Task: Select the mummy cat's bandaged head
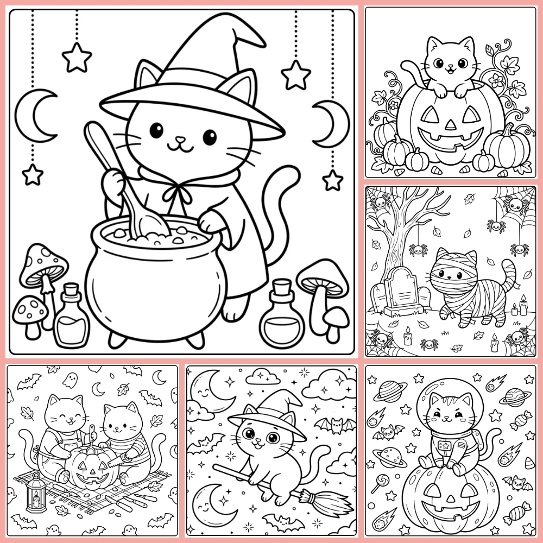click(453, 269)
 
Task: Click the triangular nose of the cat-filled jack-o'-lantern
click(450, 124)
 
